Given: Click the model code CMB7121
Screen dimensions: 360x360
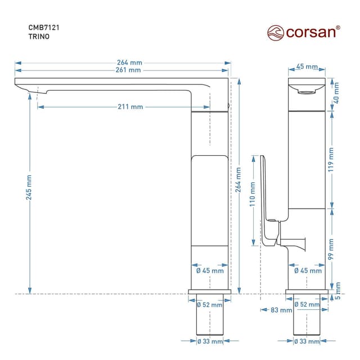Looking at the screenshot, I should point(44,26).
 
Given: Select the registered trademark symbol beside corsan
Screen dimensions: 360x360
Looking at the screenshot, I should point(337,27).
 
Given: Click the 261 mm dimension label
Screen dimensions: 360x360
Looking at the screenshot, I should point(127,70).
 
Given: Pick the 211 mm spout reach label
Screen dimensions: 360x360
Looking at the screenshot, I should point(130,107).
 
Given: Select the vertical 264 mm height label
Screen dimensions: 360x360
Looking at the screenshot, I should point(239,183).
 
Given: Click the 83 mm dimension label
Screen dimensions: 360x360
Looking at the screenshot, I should point(281,310).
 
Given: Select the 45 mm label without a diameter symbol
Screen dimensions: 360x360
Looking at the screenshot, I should point(307,67).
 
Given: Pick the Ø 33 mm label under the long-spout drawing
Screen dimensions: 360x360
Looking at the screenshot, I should point(209,341).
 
